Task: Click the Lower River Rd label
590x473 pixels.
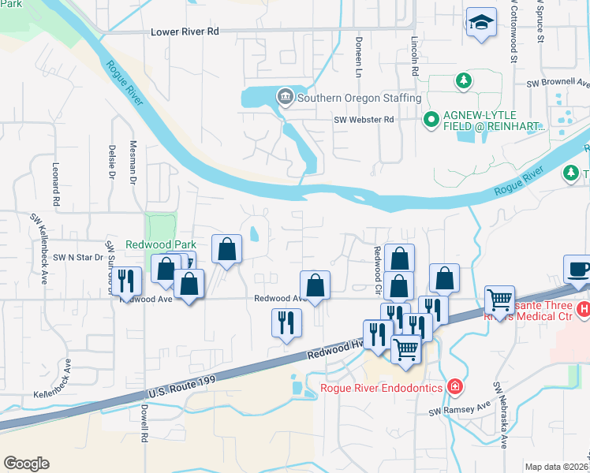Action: click(x=184, y=32)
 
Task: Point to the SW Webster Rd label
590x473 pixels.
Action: click(x=363, y=120)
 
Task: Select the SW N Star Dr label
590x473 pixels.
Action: click(x=78, y=257)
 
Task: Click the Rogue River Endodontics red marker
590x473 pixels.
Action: click(x=454, y=386)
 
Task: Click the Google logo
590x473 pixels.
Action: click(x=26, y=464)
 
